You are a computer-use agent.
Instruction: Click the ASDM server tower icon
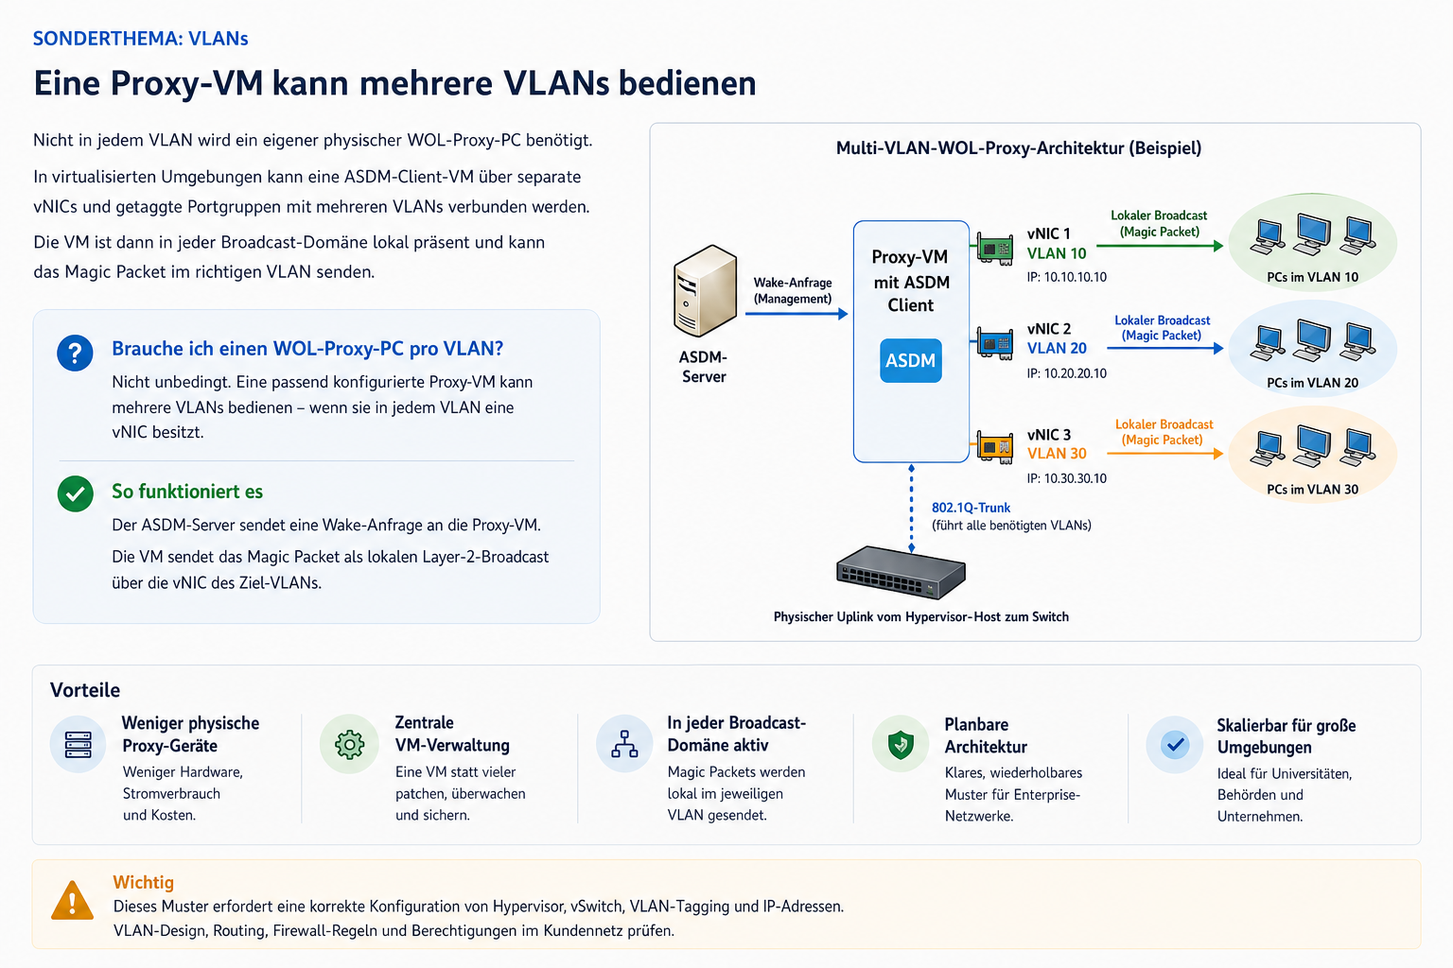pos(705,290)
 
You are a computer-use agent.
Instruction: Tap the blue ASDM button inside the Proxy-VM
pos(910,360)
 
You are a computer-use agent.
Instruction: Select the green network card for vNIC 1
pos(995,249)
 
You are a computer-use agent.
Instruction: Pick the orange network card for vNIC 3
pos(995,447)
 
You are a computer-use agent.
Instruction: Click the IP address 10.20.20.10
pos(1066,373)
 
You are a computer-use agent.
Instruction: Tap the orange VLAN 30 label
pos(1057,454)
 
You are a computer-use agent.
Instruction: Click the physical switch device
pos(901,572)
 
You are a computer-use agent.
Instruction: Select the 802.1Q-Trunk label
pos(972,508)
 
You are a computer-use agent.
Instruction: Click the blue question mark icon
pos(76,353)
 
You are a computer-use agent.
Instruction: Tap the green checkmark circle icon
pos(76,494)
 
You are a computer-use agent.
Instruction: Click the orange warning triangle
pos(72,901)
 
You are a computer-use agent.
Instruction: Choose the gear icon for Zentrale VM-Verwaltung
pos(350,744)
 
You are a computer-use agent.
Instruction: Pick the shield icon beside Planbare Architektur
pos(901,744)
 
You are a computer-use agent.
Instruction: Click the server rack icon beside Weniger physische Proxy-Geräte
pos(78,744)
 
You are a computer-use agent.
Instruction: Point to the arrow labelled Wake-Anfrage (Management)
pos(797,314)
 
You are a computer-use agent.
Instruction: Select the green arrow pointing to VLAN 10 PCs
pos(1160,247)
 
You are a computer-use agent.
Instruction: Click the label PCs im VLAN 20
pos(1312,383)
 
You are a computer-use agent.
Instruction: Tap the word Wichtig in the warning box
pos(144,882)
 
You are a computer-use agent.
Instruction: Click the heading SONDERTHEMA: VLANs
pos(141,39)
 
